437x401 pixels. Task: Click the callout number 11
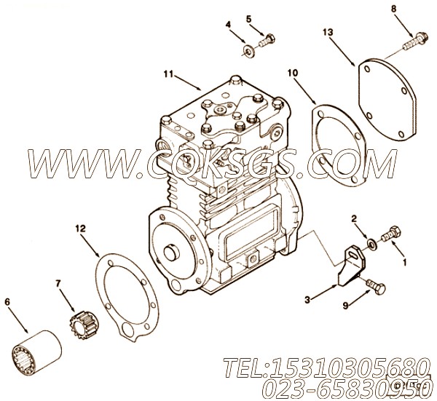point(169,74)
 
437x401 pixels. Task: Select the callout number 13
point(328,32)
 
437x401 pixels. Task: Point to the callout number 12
point(80,229)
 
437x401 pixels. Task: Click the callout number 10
point(293,73)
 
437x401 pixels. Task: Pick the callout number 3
point(307,300)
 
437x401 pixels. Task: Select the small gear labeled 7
point(83,325)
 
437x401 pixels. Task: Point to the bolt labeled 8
point(415,40)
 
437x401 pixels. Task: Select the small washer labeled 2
point(371,244)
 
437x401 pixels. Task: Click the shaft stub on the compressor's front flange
point(172,252)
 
